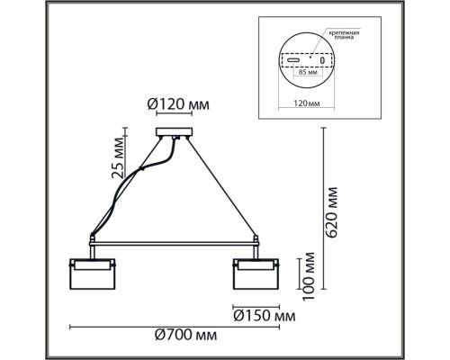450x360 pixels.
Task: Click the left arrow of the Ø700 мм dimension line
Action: (73, 326)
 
